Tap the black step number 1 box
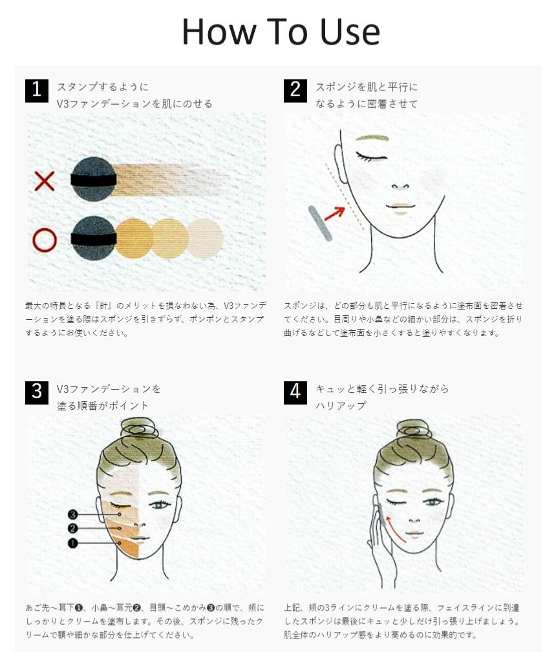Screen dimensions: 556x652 [37, 90]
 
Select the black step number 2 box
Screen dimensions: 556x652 [295, 90]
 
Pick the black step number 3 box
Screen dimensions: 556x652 [37, 392]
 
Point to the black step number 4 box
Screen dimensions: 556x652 [295, 392]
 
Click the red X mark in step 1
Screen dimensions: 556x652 [45, 181]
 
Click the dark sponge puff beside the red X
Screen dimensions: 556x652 [93, 180]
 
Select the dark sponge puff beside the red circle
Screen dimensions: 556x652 [93, 238]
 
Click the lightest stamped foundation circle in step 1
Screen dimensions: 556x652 [205, 238]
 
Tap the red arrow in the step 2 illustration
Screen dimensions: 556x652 [335, 213]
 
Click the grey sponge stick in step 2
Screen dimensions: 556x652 [320, 224]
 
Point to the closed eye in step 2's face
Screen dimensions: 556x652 [372, 157]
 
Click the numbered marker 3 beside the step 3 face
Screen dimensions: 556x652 [73, 514]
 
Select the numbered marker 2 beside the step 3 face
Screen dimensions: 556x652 [73, 529]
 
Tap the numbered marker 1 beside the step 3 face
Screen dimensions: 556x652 [73, 543]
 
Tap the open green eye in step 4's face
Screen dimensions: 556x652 [433, 502]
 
